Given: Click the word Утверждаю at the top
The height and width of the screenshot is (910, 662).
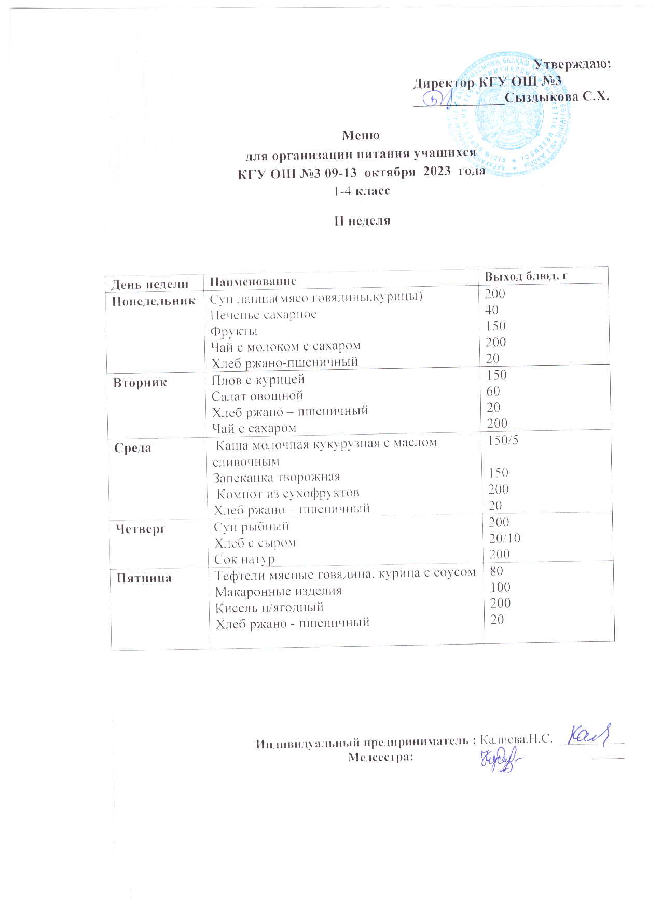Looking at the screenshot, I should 572,64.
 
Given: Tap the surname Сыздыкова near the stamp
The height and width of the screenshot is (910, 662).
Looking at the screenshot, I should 542,97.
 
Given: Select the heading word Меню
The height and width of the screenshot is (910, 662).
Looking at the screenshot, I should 361,136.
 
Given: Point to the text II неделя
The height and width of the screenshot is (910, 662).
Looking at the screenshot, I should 362,221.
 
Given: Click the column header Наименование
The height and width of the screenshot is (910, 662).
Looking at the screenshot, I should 253,282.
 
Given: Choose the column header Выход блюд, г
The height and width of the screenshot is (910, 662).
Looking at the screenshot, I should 525,276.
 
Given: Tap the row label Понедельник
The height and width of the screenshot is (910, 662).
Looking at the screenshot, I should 154,301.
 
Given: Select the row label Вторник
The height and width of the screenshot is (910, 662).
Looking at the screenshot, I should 141,383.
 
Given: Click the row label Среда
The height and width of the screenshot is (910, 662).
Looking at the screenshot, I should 133,448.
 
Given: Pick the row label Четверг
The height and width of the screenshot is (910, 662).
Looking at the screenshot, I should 140,529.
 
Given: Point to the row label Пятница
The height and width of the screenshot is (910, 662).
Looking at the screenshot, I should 144,578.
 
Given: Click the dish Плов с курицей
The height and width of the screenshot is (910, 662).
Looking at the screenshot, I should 258,380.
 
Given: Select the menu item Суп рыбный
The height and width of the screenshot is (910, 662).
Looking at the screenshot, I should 252,527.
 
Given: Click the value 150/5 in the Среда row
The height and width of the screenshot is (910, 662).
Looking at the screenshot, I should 503,440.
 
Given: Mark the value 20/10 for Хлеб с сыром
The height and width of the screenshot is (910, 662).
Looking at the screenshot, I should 504,538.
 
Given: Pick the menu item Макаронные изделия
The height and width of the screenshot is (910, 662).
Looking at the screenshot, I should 279,591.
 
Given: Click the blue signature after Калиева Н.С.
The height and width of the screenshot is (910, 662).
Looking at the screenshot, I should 590,735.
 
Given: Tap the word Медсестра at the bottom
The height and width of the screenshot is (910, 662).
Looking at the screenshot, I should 381,757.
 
